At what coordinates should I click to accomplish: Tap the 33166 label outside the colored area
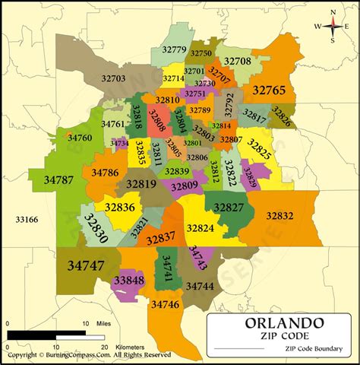(x=27, y=220)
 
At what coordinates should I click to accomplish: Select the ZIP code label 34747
(x=86, y=266)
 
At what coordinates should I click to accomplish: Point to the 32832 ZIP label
(x=279, y=216)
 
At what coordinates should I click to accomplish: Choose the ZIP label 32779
(x=175, y=51)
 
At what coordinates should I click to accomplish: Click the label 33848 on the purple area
(x=129, y=281)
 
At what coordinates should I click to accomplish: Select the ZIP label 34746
(x=165, y=305)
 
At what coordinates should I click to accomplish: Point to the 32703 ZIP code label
(x=112, y=78)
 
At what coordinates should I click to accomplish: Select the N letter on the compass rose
(x=333, y=11)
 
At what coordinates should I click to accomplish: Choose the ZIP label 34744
(x=200, y=286)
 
